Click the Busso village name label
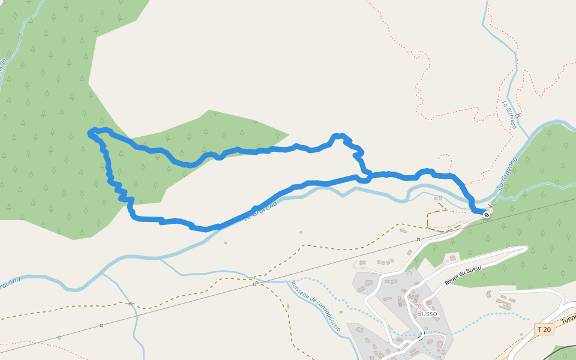[427, 313]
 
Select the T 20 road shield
[544, 329]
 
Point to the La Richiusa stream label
[509, 114]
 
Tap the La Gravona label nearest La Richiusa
[507, 173]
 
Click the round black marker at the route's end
[487, 214]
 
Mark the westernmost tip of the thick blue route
[90, 133]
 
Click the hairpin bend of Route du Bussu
[524, 249]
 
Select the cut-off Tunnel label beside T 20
[568, 316]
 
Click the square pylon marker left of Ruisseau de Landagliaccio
[254, 283]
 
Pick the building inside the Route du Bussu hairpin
[453, 258]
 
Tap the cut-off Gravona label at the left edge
[9, 283]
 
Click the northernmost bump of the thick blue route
[339, 136]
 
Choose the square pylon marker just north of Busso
[418, 239]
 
